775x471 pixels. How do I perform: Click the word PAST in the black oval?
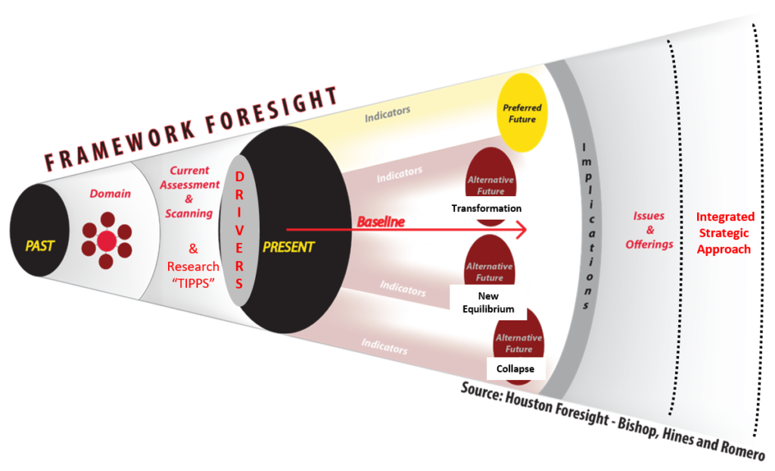click(x=39, y=246)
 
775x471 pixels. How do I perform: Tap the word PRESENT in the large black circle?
click(x=288, y=247)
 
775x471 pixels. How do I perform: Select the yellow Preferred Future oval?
click(x=522, y=113)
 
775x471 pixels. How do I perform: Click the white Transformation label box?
click(x=487, y=208)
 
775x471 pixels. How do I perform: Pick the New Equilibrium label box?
click(x=488, y=302)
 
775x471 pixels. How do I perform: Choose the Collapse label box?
click(x=515, y=369)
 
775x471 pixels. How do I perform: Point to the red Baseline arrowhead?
click(x=521, y=229)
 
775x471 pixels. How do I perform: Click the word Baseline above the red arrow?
click(x=381, y=222)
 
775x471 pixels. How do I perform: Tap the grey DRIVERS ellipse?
click(x=239, y=230)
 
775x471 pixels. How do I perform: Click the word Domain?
click(x=110, y=193)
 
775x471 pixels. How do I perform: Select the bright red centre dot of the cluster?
click(x=107, y=241)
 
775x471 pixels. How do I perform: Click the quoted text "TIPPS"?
click(x=193, y=283)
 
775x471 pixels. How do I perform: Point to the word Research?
click(x=193, y=267)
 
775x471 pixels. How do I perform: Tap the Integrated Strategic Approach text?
click(x=724, y=233)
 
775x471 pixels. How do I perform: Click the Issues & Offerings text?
click(x=649, y=230)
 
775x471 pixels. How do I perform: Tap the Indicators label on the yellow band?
click(x=387, y=114)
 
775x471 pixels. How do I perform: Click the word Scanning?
click(x=188, y=214)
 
